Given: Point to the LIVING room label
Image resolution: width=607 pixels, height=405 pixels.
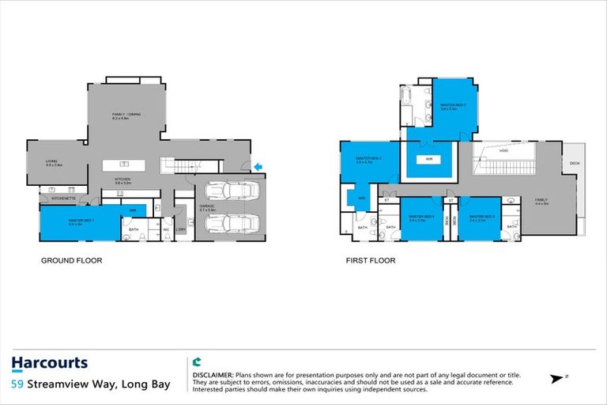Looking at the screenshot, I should point(54,163).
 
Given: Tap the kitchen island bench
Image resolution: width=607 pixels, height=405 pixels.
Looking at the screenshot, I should point(125,164).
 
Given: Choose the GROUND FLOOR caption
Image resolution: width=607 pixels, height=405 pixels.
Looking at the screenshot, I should point(72,260).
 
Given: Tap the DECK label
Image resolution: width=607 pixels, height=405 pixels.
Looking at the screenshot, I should point(575,164).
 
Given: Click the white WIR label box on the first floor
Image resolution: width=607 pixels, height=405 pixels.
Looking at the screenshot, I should point(428,159).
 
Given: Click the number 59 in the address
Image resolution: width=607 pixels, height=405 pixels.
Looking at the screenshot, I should point(17,384).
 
